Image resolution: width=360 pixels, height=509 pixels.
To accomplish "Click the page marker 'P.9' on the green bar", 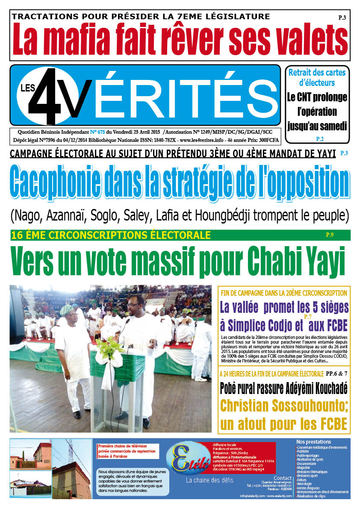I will (329, 235).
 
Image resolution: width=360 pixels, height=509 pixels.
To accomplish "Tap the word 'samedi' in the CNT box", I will (332, 127).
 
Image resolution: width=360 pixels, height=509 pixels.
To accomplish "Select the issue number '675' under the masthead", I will (103, 132).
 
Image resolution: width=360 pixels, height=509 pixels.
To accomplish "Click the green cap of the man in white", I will (66, 309).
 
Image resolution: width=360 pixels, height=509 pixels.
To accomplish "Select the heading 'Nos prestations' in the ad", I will (313, 442).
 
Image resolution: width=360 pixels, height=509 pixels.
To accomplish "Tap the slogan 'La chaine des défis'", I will (209, 480).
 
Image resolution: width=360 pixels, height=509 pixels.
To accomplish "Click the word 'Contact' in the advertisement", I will (282, 478).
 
